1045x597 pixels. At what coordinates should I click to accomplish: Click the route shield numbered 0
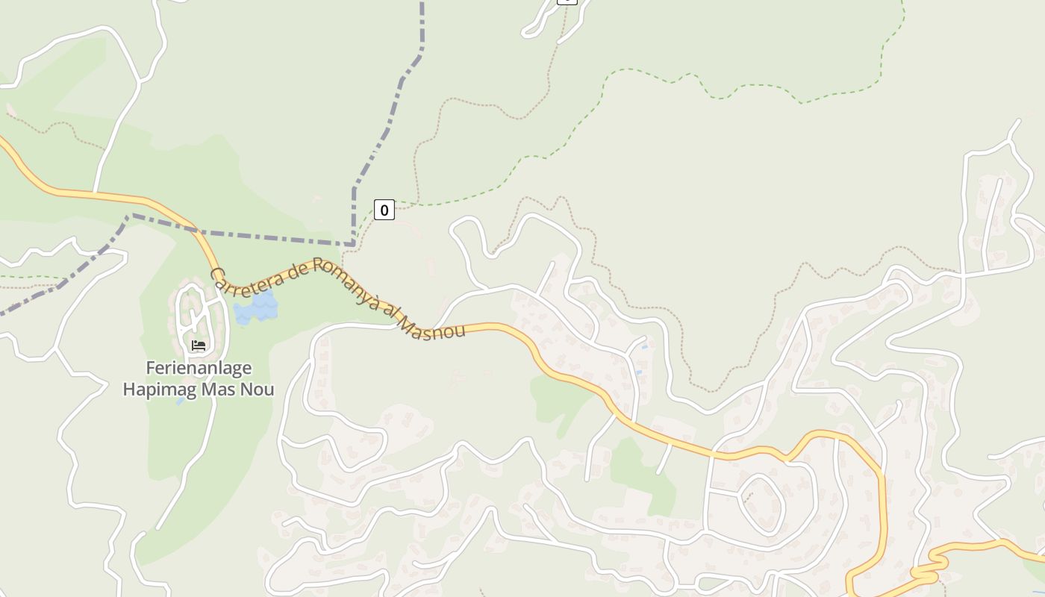click(384, 210)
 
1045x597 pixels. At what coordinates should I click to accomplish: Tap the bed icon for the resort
click(198, 345)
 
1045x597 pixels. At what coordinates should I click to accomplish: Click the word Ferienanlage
click(199, 368)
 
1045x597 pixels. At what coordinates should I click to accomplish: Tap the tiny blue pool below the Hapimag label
click(181, 401)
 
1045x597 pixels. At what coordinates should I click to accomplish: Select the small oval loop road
click(761, 504)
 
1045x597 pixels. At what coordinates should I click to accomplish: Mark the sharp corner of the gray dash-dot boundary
click(352, 243)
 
